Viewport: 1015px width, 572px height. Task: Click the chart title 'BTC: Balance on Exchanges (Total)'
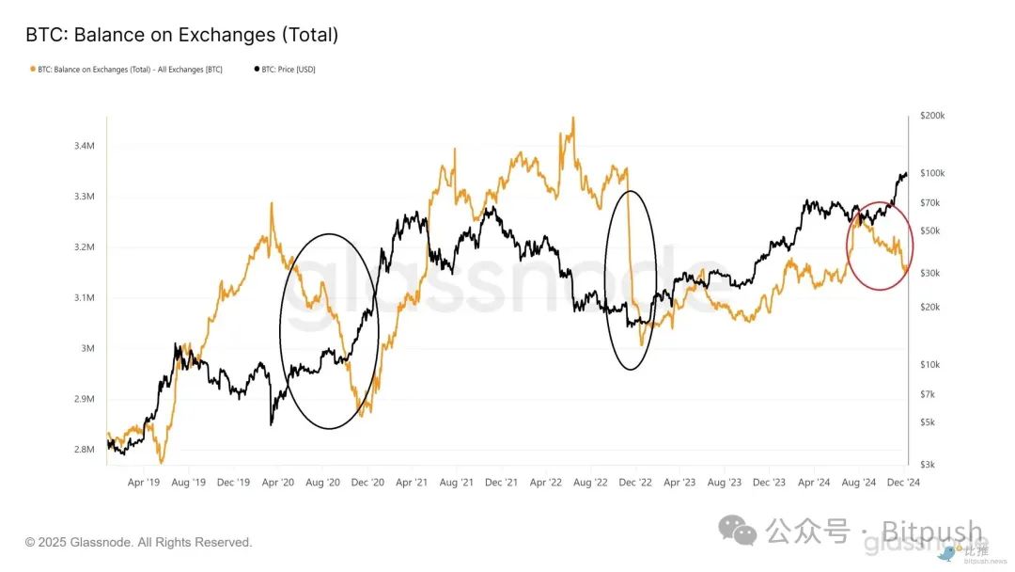pyautogui.click(x=181, y=35)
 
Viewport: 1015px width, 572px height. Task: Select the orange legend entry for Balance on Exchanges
pyautogui.click(x=127, y=70)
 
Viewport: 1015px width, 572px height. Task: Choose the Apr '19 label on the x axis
pyautogui.click(x=143, y=482)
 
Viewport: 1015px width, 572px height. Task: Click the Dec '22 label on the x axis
pyautogui.click(x=634, y=482)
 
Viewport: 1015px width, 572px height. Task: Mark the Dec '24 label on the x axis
pyautogui.click(x=902, y=482)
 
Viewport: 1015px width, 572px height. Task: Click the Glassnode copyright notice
pyautogui.click(x=139, y=542)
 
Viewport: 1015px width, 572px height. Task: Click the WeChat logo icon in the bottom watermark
pyautogui.click(x=738, y=532)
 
